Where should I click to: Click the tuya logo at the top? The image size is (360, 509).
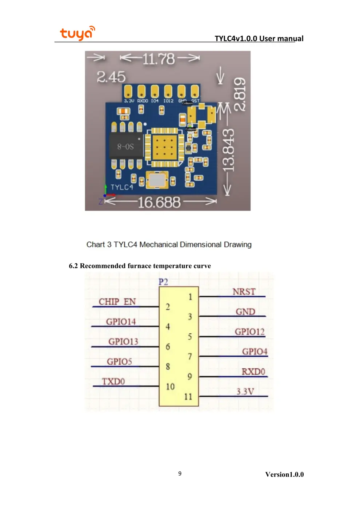(77, 33)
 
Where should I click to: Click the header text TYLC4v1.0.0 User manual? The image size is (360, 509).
(259, 39)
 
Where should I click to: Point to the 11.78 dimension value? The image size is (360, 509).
(159, 59)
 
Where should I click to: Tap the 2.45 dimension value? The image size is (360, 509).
(111, 77)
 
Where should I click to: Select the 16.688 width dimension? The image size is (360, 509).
(159, 203)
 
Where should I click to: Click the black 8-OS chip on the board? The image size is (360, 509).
(126, 146)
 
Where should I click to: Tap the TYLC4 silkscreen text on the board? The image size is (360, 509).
(122, 187)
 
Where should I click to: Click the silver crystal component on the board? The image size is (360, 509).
(157, 180)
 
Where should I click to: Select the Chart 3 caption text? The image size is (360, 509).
(169, 245)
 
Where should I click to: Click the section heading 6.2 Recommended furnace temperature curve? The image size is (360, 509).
(140, 266)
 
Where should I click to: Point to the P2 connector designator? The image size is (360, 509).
(163, 282)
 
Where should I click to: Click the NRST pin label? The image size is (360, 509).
(244, 292)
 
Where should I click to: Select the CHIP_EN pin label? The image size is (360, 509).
(117, 302)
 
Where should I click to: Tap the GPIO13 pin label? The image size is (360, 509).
(123, 342)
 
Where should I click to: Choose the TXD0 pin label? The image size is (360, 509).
(113, 381)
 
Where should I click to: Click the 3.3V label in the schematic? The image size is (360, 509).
(245, 392)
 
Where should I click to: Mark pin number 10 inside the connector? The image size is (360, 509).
(170, 386)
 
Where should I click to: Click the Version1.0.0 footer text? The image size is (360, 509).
(284, 474)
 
